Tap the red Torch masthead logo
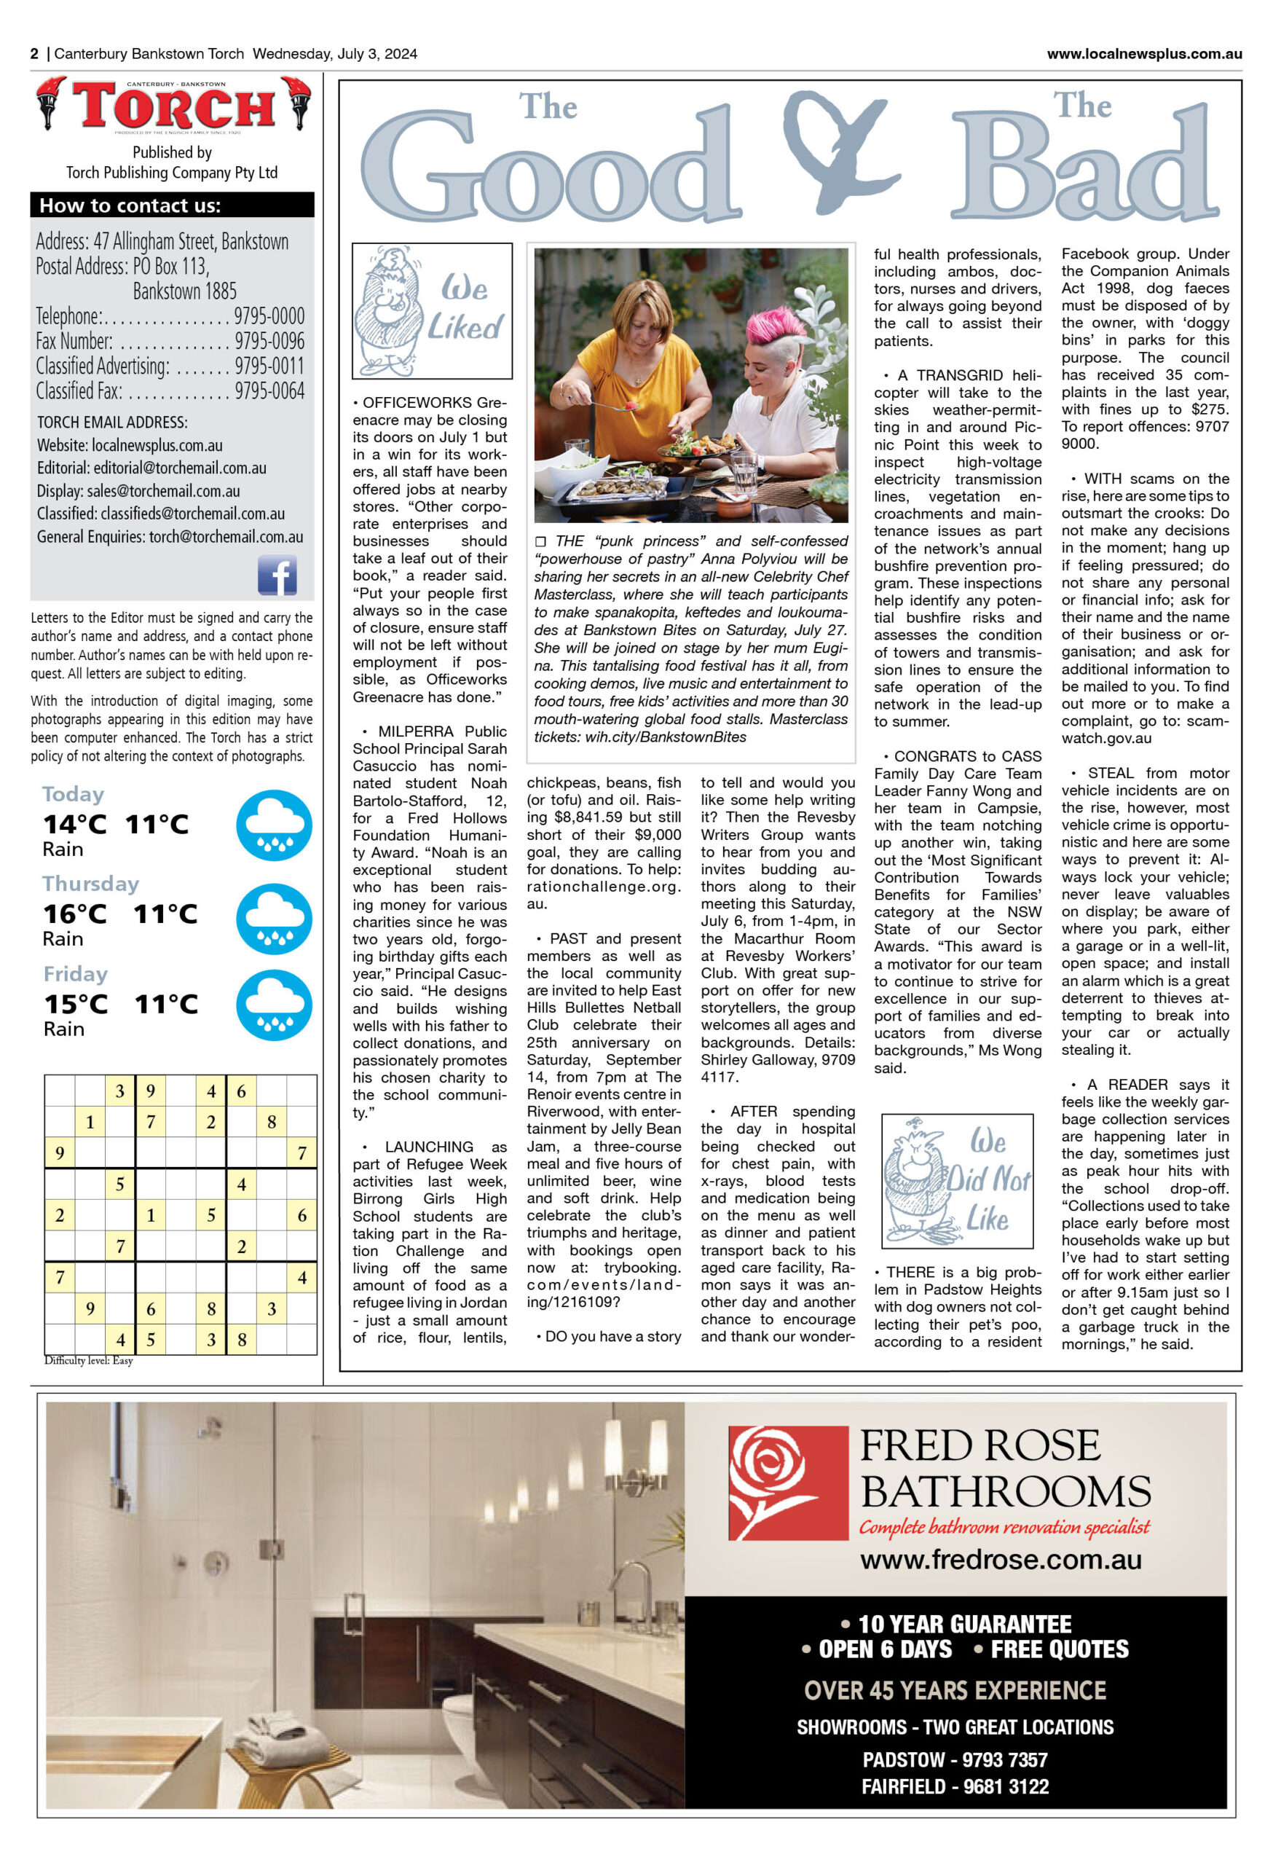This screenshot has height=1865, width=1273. click(x=173, y=106)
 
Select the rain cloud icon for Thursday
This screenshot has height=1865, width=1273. click(x=274, y=919)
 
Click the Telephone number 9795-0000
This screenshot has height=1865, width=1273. click(x=269, y=316)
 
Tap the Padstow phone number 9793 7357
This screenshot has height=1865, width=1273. click(x=1004, y=1760)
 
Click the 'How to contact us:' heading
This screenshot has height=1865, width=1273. click(x=130, y=205)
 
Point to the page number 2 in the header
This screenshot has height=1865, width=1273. click(x=34, y=54)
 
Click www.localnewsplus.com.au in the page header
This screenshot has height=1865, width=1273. click(x=1144, y=54)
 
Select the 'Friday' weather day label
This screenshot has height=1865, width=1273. click(x=76, y=973)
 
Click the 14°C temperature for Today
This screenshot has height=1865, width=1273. click(x=74, y=824)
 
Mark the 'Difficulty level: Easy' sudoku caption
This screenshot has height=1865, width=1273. click(x=89, y=1360)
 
